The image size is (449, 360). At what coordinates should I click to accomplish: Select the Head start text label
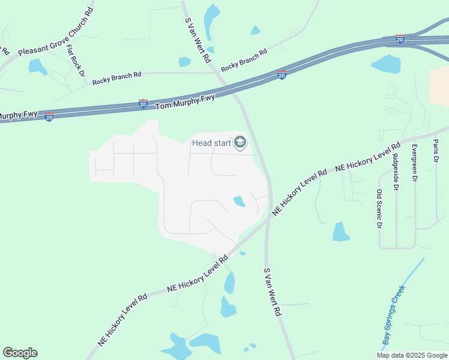click(211, 143)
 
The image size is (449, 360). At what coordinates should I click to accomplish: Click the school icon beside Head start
click(240, 143)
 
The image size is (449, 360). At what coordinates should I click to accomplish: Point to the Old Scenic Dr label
click(379, 209)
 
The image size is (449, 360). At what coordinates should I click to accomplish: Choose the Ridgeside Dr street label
click(395, 172)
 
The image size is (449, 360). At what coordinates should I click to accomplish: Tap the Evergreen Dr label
click(414, 163)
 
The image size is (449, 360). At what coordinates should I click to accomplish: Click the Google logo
click(20, 353)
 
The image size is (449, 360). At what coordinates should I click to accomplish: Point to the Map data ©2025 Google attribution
click(412, 355)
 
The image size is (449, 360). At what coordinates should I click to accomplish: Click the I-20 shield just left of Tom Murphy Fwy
click(143, 103)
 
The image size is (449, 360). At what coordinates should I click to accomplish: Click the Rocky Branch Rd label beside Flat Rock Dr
click(116, 76)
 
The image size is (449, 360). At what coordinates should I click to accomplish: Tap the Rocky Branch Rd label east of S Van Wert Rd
click(244, 61)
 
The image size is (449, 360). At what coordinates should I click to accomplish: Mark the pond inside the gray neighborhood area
click(239, 201)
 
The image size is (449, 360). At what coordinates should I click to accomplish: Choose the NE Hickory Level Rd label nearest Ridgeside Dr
click(368, 160)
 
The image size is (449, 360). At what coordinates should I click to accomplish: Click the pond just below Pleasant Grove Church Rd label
click(37, 66)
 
